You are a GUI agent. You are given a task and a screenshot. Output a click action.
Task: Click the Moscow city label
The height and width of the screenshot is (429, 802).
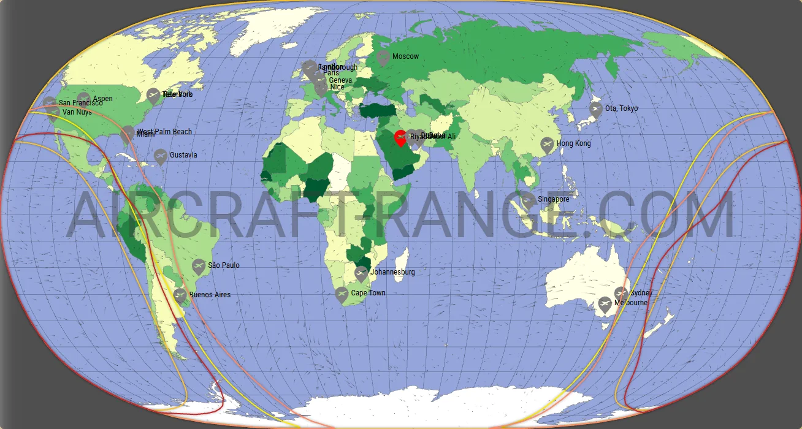point(405,56)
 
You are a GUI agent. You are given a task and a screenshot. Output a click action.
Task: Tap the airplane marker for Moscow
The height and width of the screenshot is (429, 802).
point(383,58)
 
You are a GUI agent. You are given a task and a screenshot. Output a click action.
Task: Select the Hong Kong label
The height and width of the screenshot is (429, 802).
point(573,143)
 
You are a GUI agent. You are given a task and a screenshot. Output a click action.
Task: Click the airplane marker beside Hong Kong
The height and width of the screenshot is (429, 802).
point(547,145)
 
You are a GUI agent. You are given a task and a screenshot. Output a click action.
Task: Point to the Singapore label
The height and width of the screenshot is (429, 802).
point(553,199)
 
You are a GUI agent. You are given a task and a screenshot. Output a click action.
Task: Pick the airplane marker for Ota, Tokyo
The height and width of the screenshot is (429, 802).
point(595,110)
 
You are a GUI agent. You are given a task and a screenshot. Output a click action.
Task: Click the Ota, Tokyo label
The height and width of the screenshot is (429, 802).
point(621,108)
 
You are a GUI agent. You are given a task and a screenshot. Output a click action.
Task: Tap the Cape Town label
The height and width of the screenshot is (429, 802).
point(368,293)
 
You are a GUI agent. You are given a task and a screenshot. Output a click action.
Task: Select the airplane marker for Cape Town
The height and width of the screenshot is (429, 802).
point(342,295)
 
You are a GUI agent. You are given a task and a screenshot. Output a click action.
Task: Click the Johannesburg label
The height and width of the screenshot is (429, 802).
point(392,272)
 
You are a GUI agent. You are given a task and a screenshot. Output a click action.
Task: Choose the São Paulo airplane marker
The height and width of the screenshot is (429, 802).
point(198,267)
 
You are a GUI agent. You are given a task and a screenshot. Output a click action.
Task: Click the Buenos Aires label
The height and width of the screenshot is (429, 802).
point(210,295)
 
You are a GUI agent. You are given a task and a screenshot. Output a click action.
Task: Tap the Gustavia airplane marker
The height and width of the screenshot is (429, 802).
point(160,156)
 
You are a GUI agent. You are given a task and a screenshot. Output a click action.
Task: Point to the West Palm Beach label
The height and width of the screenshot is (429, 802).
point(164,132)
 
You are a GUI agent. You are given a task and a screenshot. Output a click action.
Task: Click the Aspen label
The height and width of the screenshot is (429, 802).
point(102,99)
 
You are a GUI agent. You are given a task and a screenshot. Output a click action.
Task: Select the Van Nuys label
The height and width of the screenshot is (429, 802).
point(77,112)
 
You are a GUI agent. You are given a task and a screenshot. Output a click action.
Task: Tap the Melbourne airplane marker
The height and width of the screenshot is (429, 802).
point(605,305)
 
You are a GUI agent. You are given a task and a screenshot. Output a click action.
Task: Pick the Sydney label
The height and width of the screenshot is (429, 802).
point(641,293)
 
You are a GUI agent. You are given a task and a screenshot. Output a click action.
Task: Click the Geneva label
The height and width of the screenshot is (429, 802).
point(340,80)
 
